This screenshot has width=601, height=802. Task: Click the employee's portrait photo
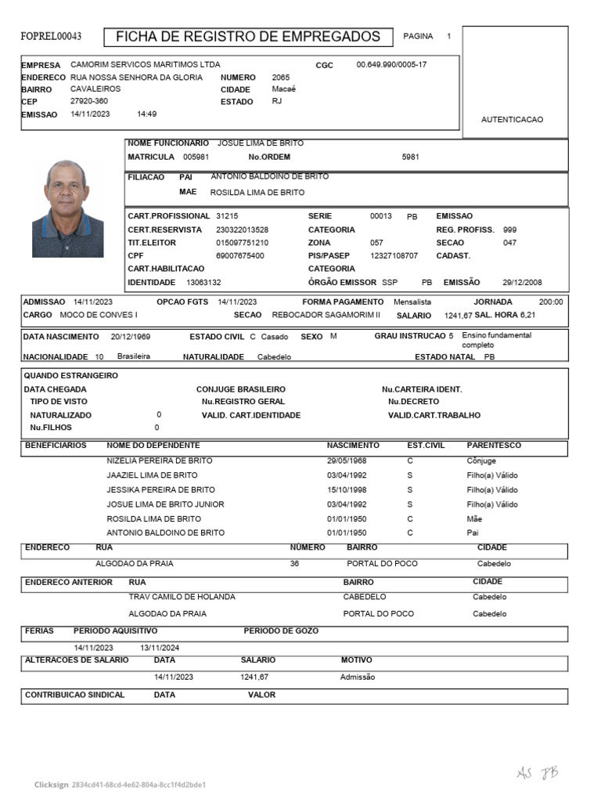pyautogui.click(x=67, y=209)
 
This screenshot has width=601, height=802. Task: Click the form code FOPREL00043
pyautogui.click(x=51, y=37)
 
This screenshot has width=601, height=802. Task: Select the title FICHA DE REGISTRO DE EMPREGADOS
pyautogui.click(x=248, y=37)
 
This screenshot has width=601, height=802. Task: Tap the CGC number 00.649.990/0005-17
pyautogui.click(x=391, y=64)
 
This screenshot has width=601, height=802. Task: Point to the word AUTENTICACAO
pyautogui.click(x=512, y=120)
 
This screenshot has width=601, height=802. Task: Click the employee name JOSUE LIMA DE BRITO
pyautogui.click(x=260, y=143)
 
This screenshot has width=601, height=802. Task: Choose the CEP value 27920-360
pyautogui.click(x=89, y=102)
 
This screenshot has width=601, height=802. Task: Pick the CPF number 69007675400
pyautogui.click(x=240, y=255)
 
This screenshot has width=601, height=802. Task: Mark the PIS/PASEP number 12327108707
pyautogui.click(x=394, y=255)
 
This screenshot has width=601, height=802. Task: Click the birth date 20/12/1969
pyautogui.click(x=131, y=337)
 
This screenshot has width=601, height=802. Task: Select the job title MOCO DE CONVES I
pyautogui.click(x=99, y=315)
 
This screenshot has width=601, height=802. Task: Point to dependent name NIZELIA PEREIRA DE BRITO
pyautogui.click(x=160, y=461)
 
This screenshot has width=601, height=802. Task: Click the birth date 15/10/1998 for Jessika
pyautogui.click(x=347, y=490)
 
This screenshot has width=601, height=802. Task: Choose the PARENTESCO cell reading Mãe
pyautogui.click(x=474, y=518)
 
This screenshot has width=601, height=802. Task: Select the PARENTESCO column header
pyautogui.click(x=493, y=446)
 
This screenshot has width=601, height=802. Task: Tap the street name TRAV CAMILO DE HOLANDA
pyautogui.click(x=182, y=597)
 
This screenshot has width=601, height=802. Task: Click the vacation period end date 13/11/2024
pyautogui.click(x=160, y=648)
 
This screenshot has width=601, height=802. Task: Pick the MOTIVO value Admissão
pyautogui.click(x=358, y=677)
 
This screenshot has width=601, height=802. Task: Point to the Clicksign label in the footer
pyautogui.click(x=51, y=784)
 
